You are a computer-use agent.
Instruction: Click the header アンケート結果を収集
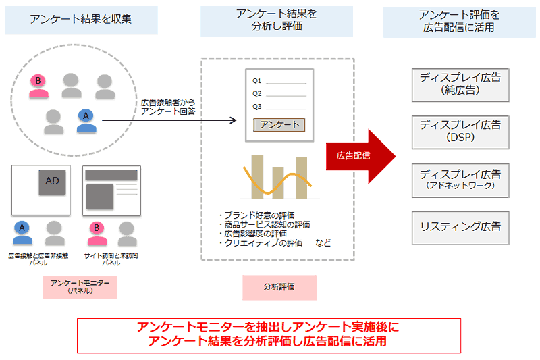(81, 19)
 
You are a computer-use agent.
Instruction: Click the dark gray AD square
(53, 181)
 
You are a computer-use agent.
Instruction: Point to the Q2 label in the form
(257, 94)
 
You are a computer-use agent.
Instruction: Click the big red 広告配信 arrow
(361, 155)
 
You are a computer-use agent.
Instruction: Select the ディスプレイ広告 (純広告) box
(460, 84)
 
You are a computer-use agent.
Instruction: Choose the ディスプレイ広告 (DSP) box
(460, 131)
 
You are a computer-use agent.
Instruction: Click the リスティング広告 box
(460, 227)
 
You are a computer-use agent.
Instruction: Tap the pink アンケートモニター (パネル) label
(80, 286)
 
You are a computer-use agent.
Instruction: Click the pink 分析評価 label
(279, 286)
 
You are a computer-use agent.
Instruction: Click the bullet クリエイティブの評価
(261, 242)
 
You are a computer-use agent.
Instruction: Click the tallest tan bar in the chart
(256, 176)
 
